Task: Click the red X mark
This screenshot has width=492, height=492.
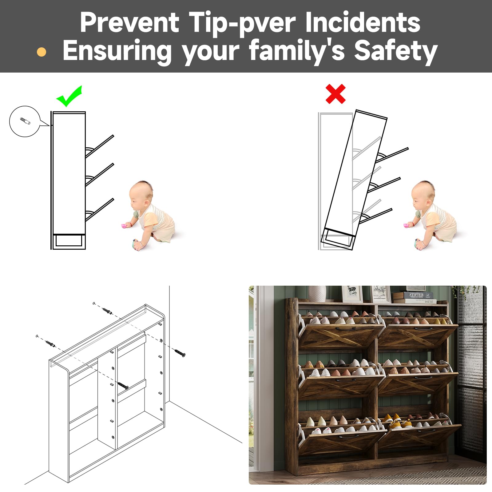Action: click(335, 94)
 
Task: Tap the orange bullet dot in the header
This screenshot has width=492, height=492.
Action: click(42, 52)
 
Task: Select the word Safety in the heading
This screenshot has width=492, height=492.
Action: click(396, 51)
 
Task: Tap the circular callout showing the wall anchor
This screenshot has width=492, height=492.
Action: click(25, 121)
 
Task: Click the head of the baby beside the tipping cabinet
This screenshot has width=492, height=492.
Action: click(423, 194)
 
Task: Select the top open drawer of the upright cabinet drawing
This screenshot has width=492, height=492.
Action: click(100, 146)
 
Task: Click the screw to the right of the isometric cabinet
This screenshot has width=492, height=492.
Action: click(180, 353)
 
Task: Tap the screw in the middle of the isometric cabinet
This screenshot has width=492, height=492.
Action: click(123, 385)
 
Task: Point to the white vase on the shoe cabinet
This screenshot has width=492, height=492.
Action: click(317, 294)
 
